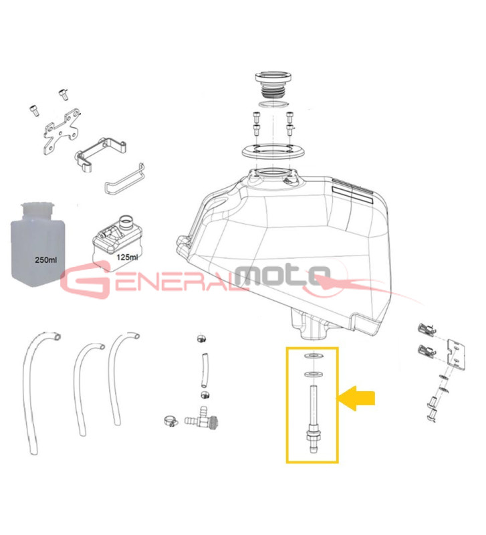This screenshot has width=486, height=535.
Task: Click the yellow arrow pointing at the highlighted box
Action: click(x=356, y=398)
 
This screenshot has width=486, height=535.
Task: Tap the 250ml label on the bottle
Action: click(x=45, y=259)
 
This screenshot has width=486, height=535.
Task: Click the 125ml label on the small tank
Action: click(x=127, y=257)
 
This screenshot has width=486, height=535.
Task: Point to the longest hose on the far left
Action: click(x=37, y=392)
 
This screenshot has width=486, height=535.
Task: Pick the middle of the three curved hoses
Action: click(x=86, y=389)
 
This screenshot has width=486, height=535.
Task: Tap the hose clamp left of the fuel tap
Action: click(x=170, y=421)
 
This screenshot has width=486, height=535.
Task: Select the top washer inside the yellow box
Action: click(x=314, y=356)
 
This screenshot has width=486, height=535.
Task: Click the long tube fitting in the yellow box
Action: click(x=314, y=419)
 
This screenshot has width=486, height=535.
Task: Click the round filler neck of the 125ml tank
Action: click(x=126, y=222)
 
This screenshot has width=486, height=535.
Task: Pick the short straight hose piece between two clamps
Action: click(x=204, y=370)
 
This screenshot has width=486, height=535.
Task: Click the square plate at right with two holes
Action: click(x=456, y=354)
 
